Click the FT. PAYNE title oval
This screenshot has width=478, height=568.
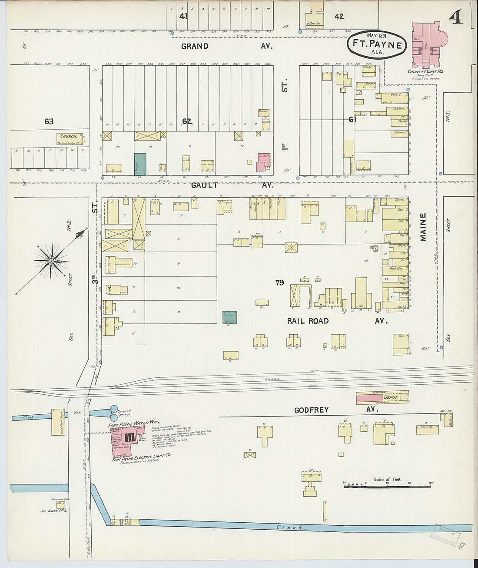coord(377,44)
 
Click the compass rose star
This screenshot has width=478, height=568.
coord(51,261)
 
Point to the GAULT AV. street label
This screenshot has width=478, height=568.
coord(232,185)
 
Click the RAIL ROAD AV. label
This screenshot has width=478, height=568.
coord(335,321)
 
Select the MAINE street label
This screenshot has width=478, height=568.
coord(423,227)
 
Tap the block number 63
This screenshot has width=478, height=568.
coord(49,121)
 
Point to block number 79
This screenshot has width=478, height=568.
coord(279,282)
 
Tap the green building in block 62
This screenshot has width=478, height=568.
coord(140,164)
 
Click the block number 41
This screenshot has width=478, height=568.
coord(183,16)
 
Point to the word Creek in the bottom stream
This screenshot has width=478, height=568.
coord(285,528)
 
